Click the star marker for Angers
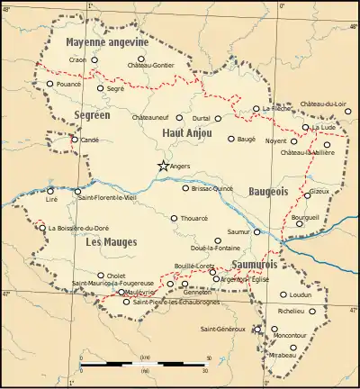tap(163, 166)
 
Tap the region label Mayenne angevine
tap(103, 42)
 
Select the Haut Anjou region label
tap(186, 133)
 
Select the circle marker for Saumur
tap(257, 231)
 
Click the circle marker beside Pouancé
tap(50, 84)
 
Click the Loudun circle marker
tap(283, 294)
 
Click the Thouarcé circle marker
tap(175, 218)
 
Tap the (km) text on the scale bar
tap(144, 357)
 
